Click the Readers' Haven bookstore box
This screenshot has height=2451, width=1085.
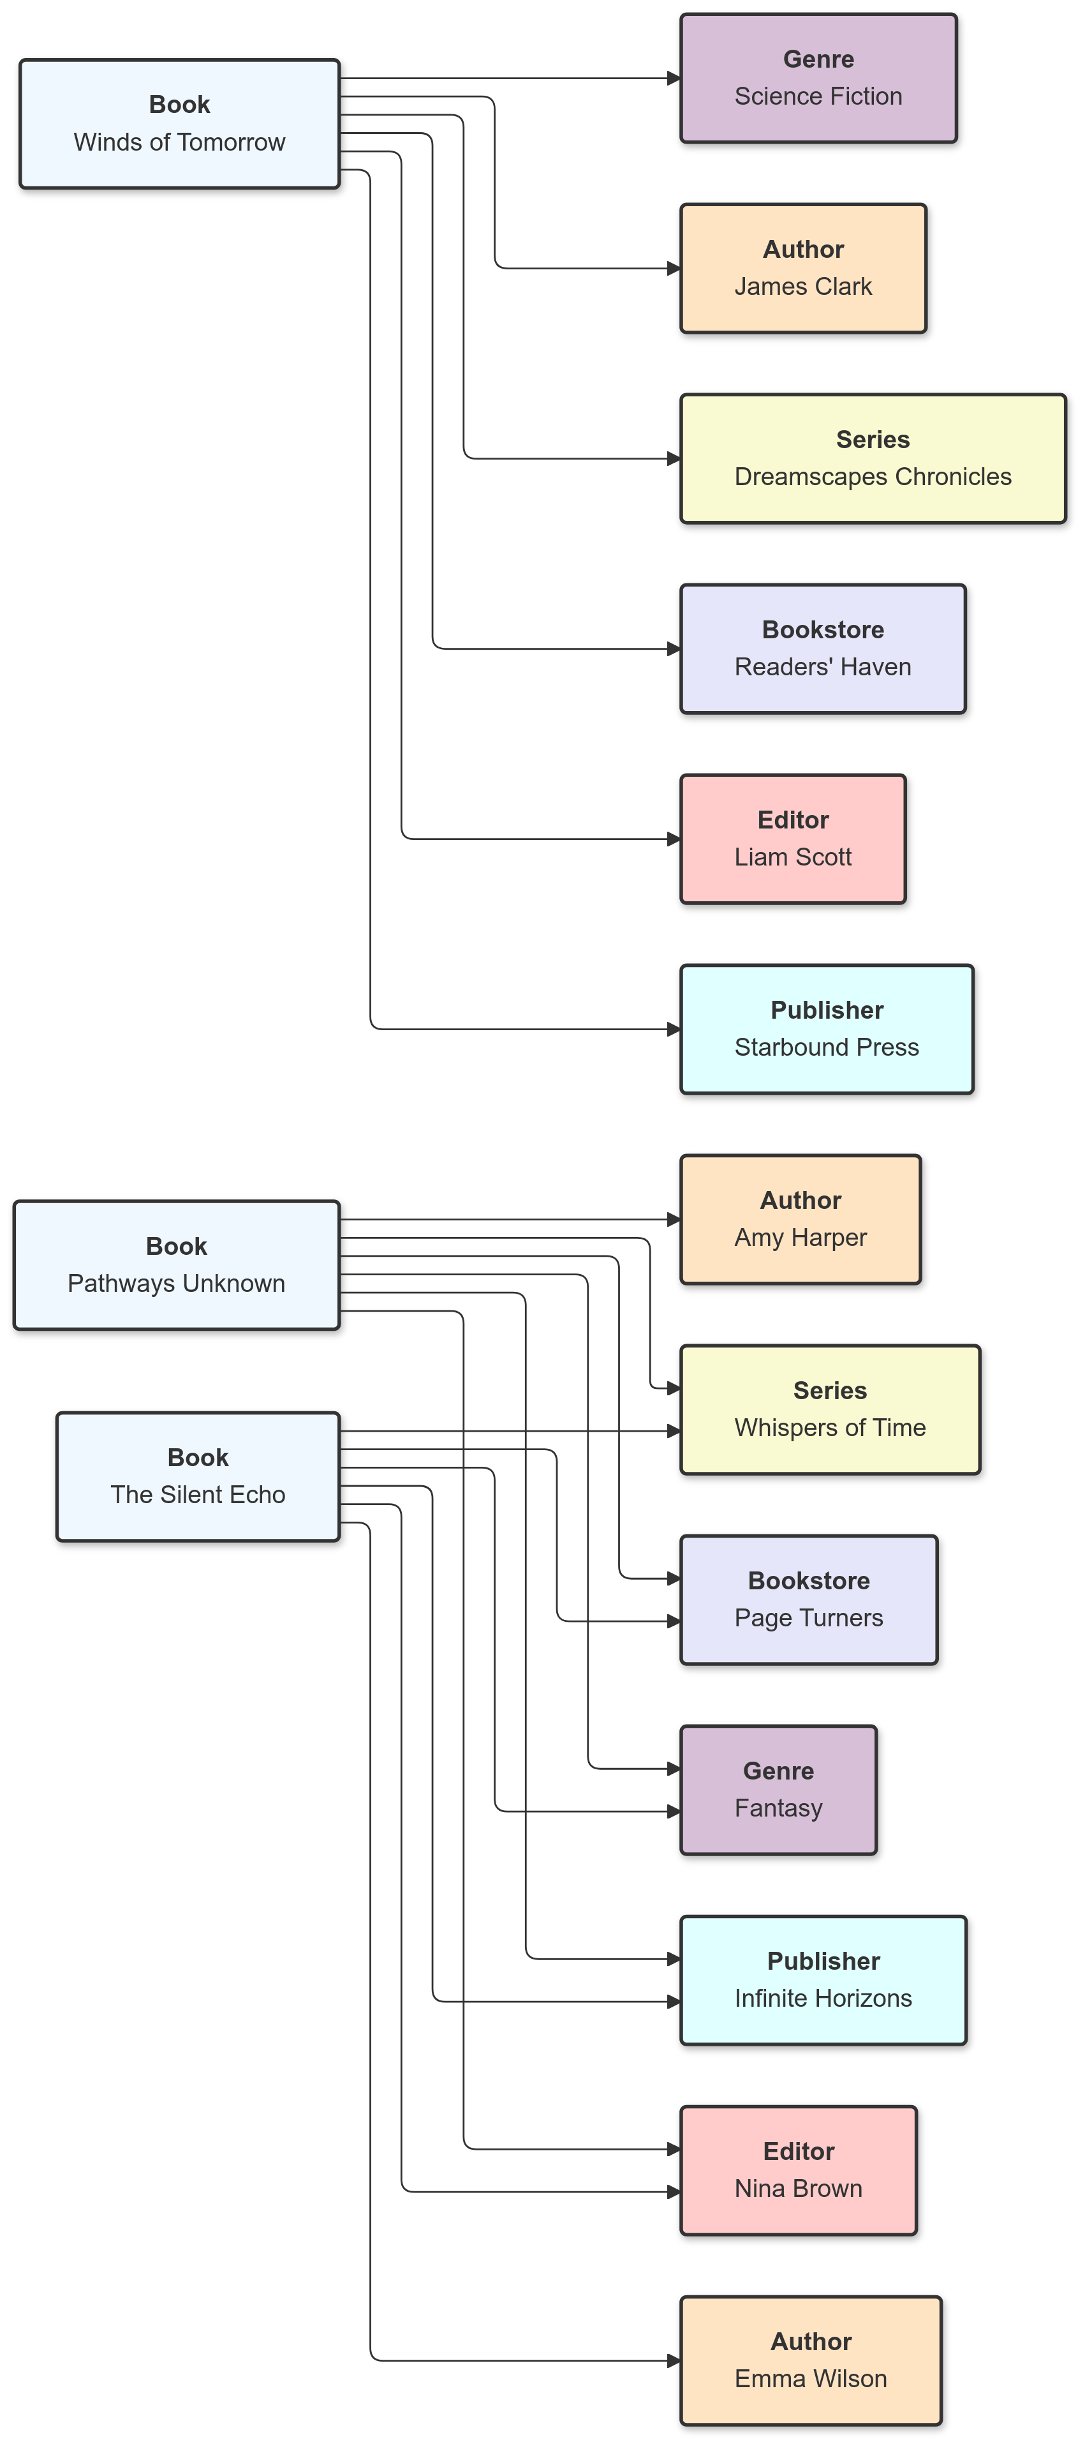(x=823, y=649)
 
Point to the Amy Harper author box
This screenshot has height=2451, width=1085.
(x=800, y=1219)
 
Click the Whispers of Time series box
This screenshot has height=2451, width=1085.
(x=829, y=1409)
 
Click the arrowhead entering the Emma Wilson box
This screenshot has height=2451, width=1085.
(x=674, y=2360)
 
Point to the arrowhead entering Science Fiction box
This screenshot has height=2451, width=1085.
(x=674, y=78)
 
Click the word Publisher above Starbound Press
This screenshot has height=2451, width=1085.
(x=827, y=1010)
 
